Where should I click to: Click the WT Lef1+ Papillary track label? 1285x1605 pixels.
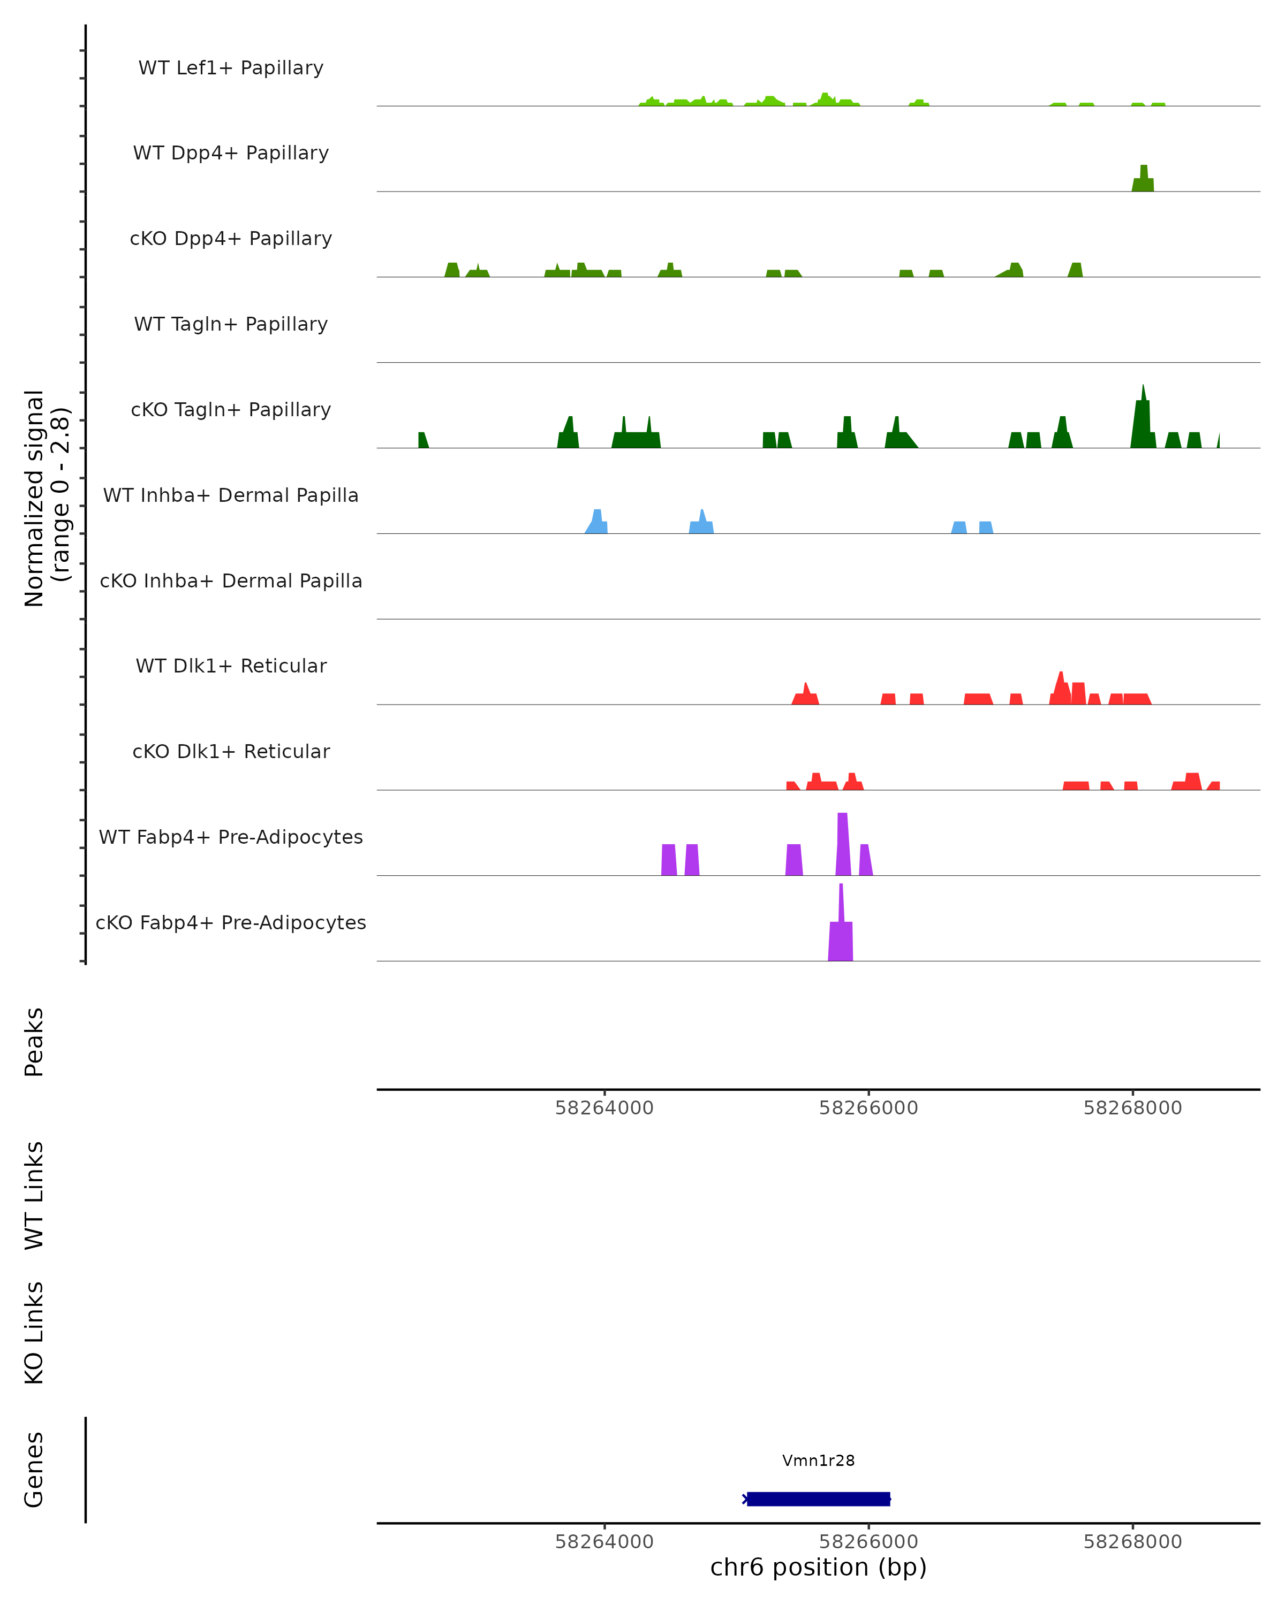click(x=231, y=68)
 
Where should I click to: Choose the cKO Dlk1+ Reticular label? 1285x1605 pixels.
click(x=231, y=751)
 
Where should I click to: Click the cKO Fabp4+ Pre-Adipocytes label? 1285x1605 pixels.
click(x=231, y=922)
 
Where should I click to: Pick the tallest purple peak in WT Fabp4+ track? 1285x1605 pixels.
click(x=843, y=845)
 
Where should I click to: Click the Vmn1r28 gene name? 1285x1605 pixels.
click(x=818, y=1461)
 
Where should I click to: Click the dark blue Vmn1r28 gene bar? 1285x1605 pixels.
click(x=818, y=1499)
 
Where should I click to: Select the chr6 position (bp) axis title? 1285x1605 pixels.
click(x=818, y=1567)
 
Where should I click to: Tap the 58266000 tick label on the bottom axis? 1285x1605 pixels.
click(x=868, y=1542)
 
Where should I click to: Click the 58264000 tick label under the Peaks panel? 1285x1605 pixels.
click(x=604, y=1108)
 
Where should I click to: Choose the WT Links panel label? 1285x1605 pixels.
click(x=34, y=1195)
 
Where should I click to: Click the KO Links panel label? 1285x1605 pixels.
click(x=34, y=1333)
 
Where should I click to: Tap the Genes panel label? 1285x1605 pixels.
click(x=34, y=1470)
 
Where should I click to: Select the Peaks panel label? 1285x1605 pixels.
click(x=34, y=1042)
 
